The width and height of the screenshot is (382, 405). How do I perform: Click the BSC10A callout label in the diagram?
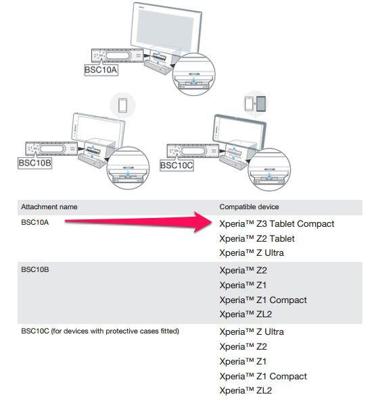[101, 70]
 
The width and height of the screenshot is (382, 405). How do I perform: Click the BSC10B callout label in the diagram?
[34, 163]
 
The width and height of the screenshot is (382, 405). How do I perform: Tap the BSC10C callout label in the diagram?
[176, 165]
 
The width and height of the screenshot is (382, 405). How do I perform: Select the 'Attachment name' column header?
[49, 207]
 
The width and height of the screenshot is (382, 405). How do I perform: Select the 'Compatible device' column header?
[249, 207]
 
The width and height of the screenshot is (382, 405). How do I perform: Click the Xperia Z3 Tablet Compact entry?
[277, 224]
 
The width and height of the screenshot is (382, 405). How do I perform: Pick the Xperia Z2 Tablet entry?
[257, 239]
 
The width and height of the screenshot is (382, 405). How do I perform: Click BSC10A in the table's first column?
[35, 222]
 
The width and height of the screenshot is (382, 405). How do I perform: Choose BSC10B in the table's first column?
[35, 269]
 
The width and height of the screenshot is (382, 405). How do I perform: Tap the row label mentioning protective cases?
[100, 331]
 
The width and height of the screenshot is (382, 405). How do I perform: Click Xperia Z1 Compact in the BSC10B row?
[263, 300]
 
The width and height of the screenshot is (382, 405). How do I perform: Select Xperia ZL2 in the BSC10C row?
[245, 391]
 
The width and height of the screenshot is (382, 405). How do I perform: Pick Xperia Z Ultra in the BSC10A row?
[252, 253]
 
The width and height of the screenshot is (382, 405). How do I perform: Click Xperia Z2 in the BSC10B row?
[243, 271]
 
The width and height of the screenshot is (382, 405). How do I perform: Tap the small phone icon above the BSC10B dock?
[122, 105]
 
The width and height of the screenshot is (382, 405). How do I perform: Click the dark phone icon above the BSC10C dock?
[261, 104]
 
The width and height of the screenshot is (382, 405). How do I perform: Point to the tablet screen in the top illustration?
[165, 29]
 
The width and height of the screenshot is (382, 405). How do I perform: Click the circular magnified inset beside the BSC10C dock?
[269, 169]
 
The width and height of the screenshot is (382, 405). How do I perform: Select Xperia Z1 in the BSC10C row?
[243, 362]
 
